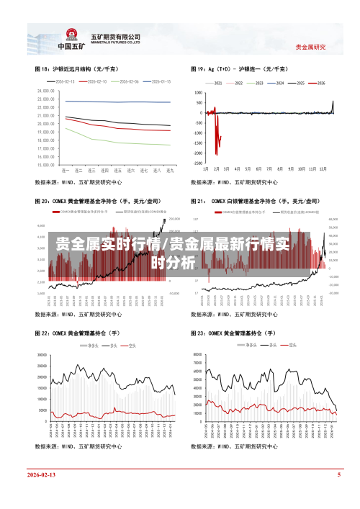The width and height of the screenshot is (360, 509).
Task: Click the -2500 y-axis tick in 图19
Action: [197, 164]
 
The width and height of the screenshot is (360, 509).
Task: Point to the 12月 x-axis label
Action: [323, 170]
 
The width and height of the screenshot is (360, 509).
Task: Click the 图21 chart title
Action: [256, 201]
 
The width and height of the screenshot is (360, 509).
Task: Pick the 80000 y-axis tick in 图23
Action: [197, 355]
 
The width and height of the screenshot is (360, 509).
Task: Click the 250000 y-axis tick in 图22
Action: [42, 355]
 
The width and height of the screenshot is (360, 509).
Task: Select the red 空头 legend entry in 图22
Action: [130, 346]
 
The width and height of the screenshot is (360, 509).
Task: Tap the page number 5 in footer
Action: [338, 476]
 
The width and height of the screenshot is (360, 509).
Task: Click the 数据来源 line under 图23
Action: [233, 446]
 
